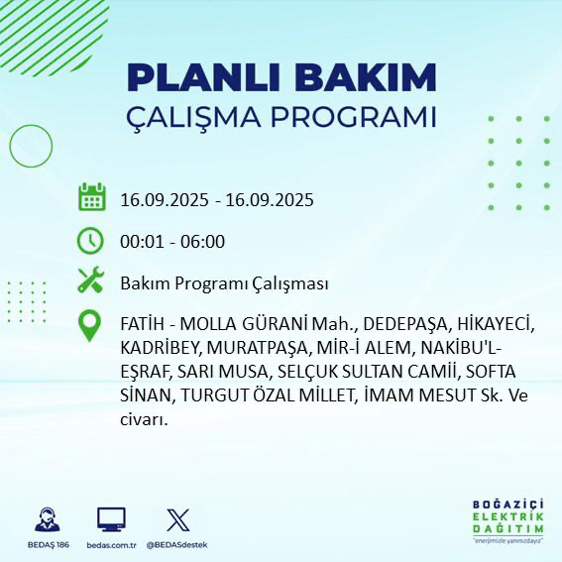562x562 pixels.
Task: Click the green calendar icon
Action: (x=92, y=198)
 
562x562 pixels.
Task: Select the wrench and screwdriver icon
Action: (x=92, y=282)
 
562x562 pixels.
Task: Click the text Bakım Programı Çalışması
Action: (x=224, y=283)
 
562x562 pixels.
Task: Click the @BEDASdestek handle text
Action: (x=178, y=545)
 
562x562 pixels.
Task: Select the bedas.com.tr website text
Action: (x=110, y=545)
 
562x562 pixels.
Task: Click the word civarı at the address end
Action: (x=143, y=419)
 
